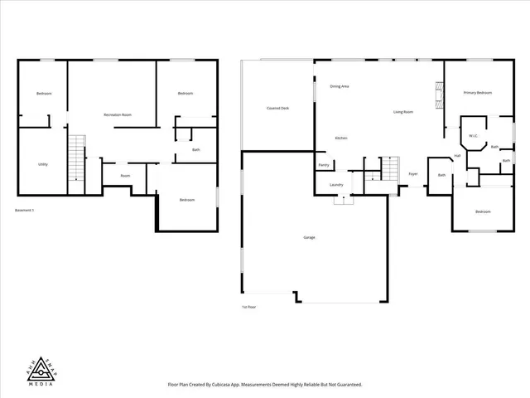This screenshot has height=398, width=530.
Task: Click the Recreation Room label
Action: click(118, 114)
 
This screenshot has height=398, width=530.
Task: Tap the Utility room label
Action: click(42, 164)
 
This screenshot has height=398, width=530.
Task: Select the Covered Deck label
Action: click(277, 108)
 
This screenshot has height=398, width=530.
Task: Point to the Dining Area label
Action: click(339, 86)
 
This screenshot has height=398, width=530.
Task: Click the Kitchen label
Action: click(340, 138)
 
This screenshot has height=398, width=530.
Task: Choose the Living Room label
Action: click(403, 111)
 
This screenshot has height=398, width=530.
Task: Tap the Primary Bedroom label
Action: click(477, 93)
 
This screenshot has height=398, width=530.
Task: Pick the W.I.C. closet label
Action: click(473, 136)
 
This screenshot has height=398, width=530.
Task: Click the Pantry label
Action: click(324, 165)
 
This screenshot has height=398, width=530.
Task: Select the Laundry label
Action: click(336, 184)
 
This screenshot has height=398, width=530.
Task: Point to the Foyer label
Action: click(412, 174)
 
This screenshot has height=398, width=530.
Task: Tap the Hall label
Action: click(457, 156)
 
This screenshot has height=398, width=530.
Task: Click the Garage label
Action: click(308, 238)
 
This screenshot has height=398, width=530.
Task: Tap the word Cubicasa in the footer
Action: click(220, 386)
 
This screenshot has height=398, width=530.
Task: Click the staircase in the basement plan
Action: click(77, 158)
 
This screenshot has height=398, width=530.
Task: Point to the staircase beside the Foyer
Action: click(390, 169)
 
